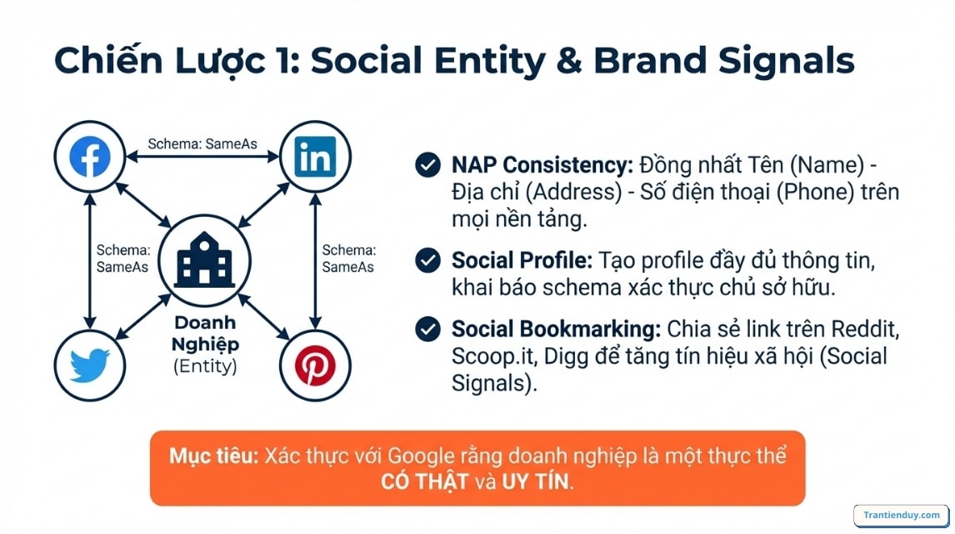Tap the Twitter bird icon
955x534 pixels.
coord(89,365)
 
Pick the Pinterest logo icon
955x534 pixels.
coord(315,365)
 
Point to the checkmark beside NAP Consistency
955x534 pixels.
coord(427,164)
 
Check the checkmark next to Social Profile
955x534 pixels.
coord(427,260)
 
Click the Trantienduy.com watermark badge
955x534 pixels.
coord(902,515)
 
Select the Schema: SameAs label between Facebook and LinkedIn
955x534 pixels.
coord(202,144)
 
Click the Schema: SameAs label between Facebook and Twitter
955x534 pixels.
coord(122,258)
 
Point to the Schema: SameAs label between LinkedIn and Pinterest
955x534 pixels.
coord(347,258)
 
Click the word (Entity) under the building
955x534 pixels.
coord(204,365)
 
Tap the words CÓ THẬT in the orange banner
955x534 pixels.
coord(424,481)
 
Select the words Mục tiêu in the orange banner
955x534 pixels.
coord(214,456)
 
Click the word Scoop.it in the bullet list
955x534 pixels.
coord(493,355)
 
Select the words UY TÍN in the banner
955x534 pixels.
coord(533,481)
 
